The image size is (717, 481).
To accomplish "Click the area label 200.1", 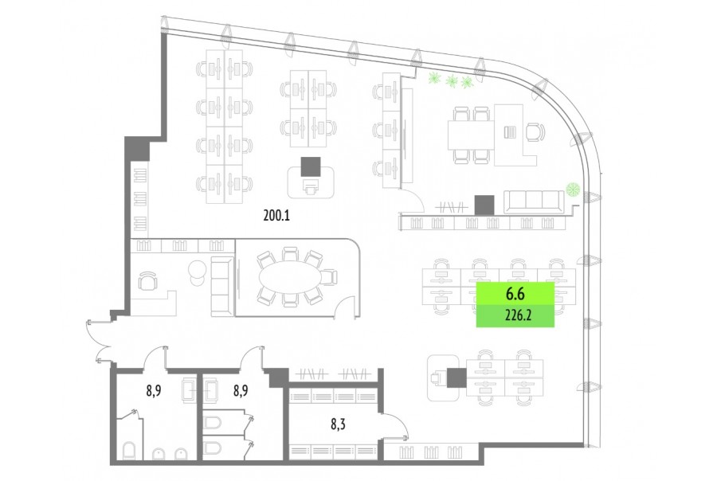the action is tap(276, 215).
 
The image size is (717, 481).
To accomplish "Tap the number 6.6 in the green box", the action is tap(515, 294).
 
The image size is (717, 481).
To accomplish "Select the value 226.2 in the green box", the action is tap(518, 315).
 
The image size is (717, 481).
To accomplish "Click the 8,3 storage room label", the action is tap(338, 424).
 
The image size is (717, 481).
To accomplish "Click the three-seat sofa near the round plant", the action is tap(534, 202).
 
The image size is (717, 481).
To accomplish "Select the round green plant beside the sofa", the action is tap(572, 189).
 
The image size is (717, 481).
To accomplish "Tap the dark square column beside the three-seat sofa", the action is tap(484, 205).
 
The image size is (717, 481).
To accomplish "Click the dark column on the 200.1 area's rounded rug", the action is tap(311, 166).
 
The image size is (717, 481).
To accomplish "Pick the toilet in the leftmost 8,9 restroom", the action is tap(129, 451).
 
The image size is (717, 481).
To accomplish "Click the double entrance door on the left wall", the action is tap(98, 341).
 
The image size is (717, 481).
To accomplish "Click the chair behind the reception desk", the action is tap(147, 281).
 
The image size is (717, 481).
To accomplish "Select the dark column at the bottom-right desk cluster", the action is tap(456, 377).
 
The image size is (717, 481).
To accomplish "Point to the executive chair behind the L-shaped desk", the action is tap(535, 133).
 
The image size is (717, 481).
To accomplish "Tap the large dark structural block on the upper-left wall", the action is tap(137, 148).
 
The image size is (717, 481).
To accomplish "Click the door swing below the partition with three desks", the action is tap(413, 200).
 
